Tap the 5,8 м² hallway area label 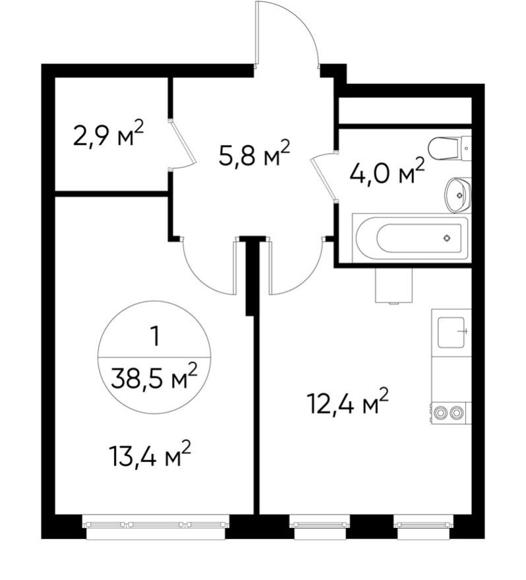point(254,156)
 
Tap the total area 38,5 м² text point(154,378)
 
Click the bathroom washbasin point(457,194)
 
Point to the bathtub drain point(448,238)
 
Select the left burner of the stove point(440,413)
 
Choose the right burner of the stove point(457,413)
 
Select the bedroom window point(156,525)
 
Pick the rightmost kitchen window point(424,525)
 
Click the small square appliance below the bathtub point(393,285)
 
